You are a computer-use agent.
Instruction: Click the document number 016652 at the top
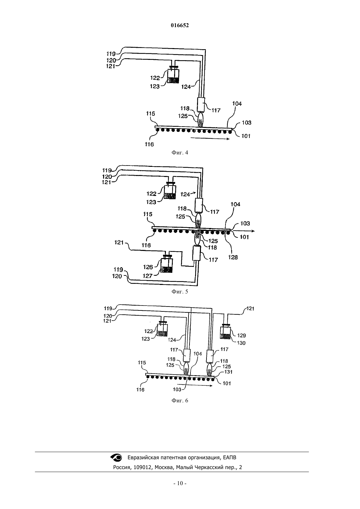coord(180,26)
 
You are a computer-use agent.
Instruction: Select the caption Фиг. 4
coord(180,152)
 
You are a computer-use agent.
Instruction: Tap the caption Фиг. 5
coord(180,291)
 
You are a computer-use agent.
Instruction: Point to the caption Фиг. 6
coord(180,400)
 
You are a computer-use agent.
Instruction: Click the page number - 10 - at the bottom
coord(180,483)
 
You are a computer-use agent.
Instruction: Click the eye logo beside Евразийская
coord(116,458)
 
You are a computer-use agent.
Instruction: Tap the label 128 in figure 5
coord(233,257)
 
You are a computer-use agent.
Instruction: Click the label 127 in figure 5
coord(147,276)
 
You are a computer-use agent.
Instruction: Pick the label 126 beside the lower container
coord(148,267)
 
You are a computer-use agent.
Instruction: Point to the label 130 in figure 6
coord(241,343)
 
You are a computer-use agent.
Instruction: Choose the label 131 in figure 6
coord(228,372)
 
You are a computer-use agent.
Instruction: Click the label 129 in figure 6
coord(242,335)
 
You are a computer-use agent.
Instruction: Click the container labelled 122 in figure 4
coord(173,75)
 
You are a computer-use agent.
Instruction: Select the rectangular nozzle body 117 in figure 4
coord(201,105)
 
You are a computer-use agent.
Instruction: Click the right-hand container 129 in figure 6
coord(225,331)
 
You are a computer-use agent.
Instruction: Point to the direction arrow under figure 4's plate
coord(210,138)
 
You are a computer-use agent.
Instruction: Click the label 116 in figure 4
coord(149,144)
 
